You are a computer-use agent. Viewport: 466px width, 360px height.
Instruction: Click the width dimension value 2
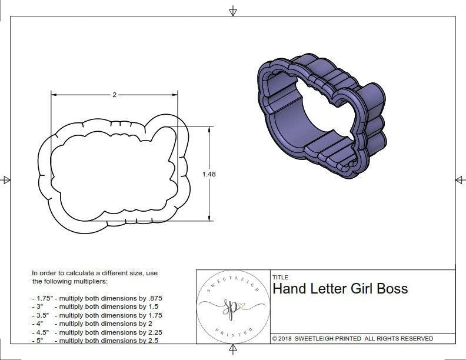click(x=114, y=95)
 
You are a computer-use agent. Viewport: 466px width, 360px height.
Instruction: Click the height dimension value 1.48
click(x=209, y=174)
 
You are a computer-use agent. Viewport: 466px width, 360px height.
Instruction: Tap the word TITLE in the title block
click(x=280, y=278)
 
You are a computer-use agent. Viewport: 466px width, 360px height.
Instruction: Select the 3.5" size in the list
click(x=41, y=315)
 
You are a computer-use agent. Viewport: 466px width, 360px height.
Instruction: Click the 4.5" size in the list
click(x=41, y=332)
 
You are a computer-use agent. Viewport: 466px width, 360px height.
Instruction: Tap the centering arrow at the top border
click(x=233, y=11)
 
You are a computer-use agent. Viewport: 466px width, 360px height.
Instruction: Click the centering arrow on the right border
click(x=460, y=179)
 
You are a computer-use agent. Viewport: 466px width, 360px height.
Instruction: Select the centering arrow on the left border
click(x=6, y=180)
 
